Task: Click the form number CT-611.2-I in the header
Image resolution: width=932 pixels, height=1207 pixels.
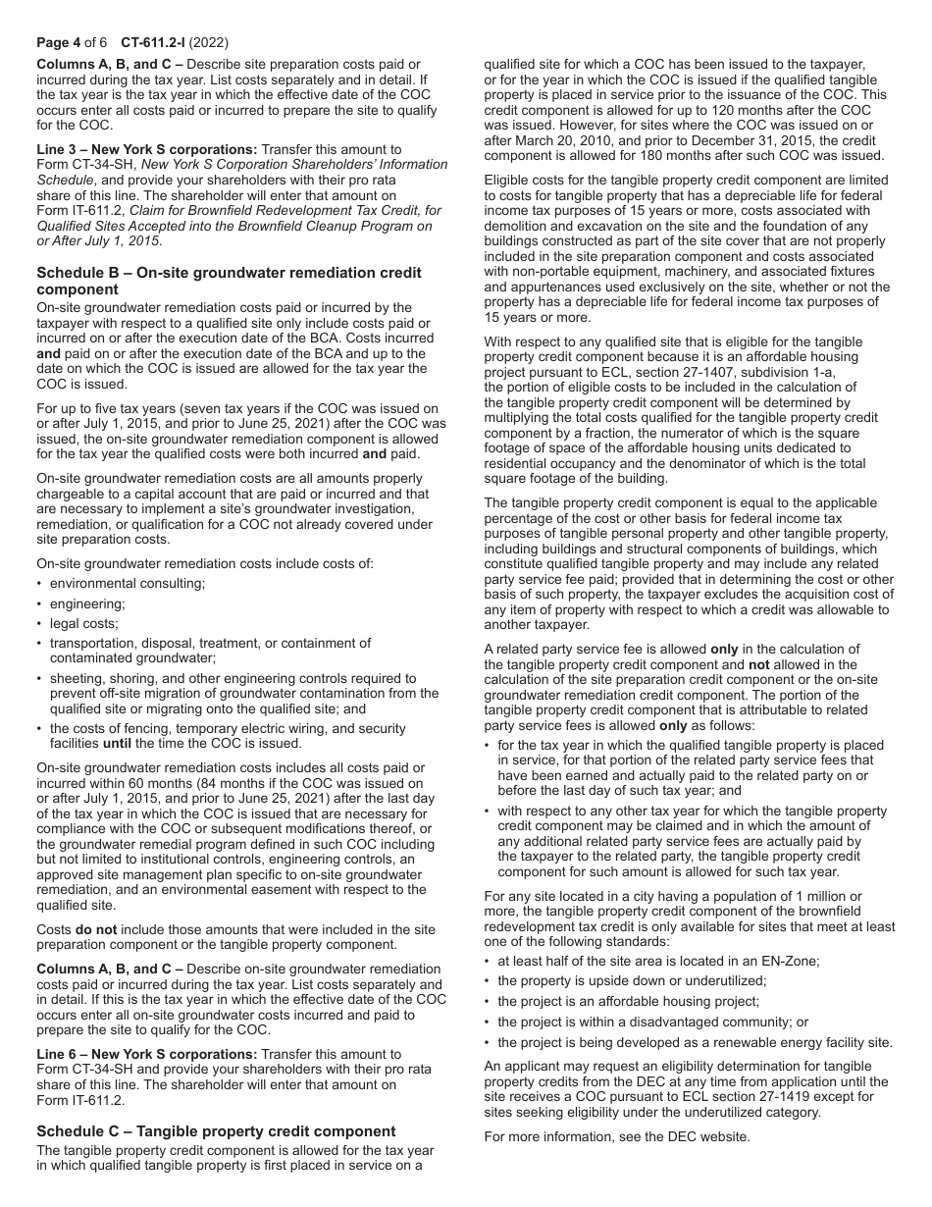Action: click(x=152, y=44)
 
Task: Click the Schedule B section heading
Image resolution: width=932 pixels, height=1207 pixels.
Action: click(x=229, y=281)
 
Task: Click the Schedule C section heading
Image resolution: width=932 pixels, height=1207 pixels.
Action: click(x=216, y=1131)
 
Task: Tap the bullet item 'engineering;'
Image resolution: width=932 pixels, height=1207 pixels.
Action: click(x=87, y=603)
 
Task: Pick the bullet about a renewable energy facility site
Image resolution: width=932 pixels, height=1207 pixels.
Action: click(x=695, y=1042)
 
